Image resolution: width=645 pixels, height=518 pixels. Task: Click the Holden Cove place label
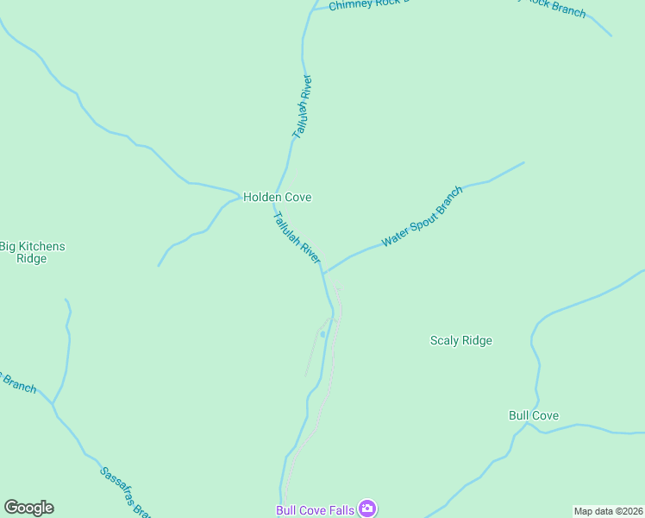(277, 197)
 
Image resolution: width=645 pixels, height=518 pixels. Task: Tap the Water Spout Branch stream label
(423, 216)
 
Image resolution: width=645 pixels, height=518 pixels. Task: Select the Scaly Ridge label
(460, 340)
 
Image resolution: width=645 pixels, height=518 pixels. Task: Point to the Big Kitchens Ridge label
(32, 252)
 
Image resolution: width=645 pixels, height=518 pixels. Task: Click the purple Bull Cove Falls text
(315, 510)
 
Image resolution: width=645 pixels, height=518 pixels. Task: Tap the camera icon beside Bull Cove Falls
(367, 509)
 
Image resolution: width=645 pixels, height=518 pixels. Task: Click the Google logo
(28, 508)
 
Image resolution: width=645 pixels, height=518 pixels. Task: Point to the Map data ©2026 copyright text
(608, 511)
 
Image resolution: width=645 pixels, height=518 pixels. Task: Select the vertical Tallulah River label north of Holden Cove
(302, 107)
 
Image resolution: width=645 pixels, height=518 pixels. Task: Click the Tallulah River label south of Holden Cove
(297, 236)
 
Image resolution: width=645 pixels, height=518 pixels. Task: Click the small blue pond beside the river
(322, 334)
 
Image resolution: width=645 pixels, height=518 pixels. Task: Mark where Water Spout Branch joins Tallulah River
(323, 272)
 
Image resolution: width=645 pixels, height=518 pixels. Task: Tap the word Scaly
(445, 340)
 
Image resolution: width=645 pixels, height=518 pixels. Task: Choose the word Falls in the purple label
(341, 510)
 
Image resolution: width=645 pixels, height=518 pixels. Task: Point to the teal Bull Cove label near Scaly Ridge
(533, 415)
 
